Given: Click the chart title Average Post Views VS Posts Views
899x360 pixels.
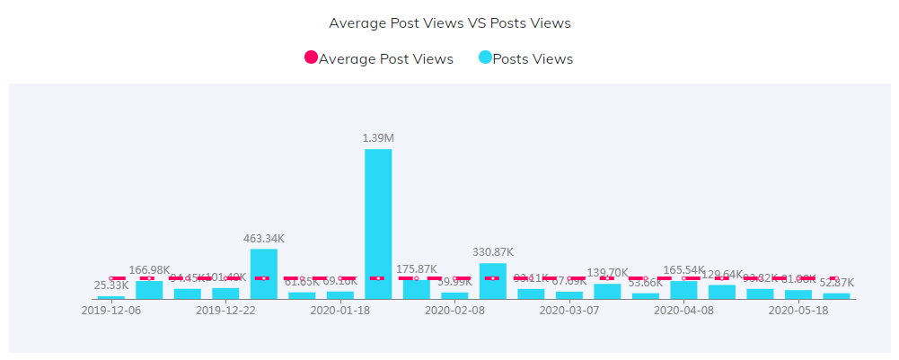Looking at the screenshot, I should tap(449, 22).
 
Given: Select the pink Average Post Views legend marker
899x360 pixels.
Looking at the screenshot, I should tap(312, 57).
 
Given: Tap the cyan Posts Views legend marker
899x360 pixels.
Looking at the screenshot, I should tap(485, 57).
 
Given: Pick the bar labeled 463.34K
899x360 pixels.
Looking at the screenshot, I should tap(264, 273).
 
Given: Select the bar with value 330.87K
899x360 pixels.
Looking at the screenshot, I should tap(492, 280).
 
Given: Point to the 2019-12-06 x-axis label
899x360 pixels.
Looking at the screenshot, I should tap(110, 311).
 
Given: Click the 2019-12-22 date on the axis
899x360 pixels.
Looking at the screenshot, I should tap(225, 311).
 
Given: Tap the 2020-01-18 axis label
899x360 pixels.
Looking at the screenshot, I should tap(339, 311).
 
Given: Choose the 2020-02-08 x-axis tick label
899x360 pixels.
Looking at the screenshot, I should tap(454, 311).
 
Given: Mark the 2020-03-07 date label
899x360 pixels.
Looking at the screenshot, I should tap(568, 311).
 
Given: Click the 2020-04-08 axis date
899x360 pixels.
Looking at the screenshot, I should tap(683, 311).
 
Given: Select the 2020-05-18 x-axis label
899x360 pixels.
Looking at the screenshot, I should tap(798, 311).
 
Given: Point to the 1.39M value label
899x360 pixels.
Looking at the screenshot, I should tap(378, 137).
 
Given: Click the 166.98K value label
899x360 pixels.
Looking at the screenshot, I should tap(149, 269).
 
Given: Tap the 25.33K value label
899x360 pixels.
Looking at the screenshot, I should tap(111, 285).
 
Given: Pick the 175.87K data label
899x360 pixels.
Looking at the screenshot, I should tap(416, 268).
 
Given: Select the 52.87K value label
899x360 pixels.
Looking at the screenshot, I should tap(836, 283).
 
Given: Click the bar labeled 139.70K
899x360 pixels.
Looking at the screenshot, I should tap(607, 291).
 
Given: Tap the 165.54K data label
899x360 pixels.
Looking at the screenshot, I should tap(683, 269).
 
